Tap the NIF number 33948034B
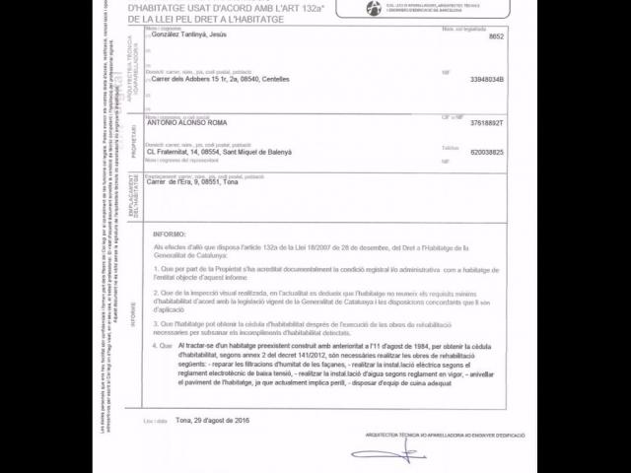(487, 79)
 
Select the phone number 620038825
(487, 152)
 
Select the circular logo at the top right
(373, 8)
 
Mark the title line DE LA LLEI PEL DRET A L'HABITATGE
(216, 18)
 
